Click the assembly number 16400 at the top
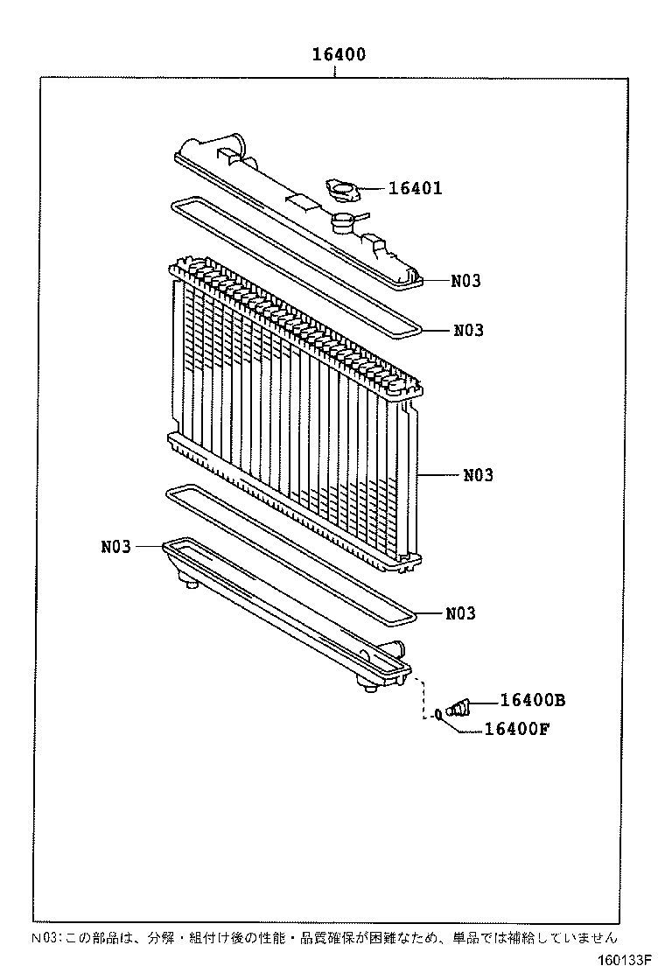[x=339, y=55]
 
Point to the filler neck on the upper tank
[x=344, y=222]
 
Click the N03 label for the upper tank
[x=466, y=281]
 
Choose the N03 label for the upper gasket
[x=468, y=331]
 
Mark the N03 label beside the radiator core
[x=478, y=475]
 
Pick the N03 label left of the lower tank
[x=115, y=547]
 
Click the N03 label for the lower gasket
[x=460, y=613]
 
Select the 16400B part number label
[x=533, y=700]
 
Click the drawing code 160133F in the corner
[x=625, y=960]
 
